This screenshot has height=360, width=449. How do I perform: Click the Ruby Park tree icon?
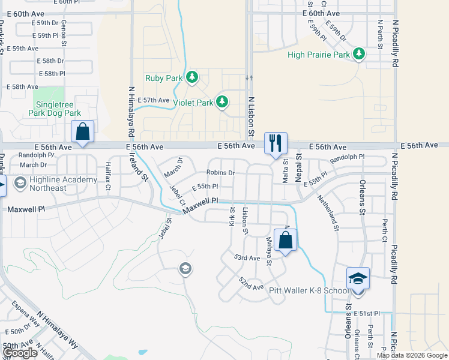click(x=192, y=77)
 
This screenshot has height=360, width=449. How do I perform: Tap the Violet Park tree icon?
click(x=222, y=102)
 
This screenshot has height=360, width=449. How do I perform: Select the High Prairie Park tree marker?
click(x=359, y=55)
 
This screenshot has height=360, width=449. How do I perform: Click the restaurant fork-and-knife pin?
click(x=276, y=143)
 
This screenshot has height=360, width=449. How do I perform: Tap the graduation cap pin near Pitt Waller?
click(x=358, y=278)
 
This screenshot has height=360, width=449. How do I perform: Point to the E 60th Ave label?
click(x=321, y=13)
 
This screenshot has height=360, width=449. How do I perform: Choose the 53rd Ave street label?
click(x=247, y=257)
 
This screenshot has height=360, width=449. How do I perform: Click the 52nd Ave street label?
click(x=251, y=284)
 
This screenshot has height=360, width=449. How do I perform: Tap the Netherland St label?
click(x=328, y=212)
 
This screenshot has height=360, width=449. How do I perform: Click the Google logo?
click(x=20, y=353)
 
